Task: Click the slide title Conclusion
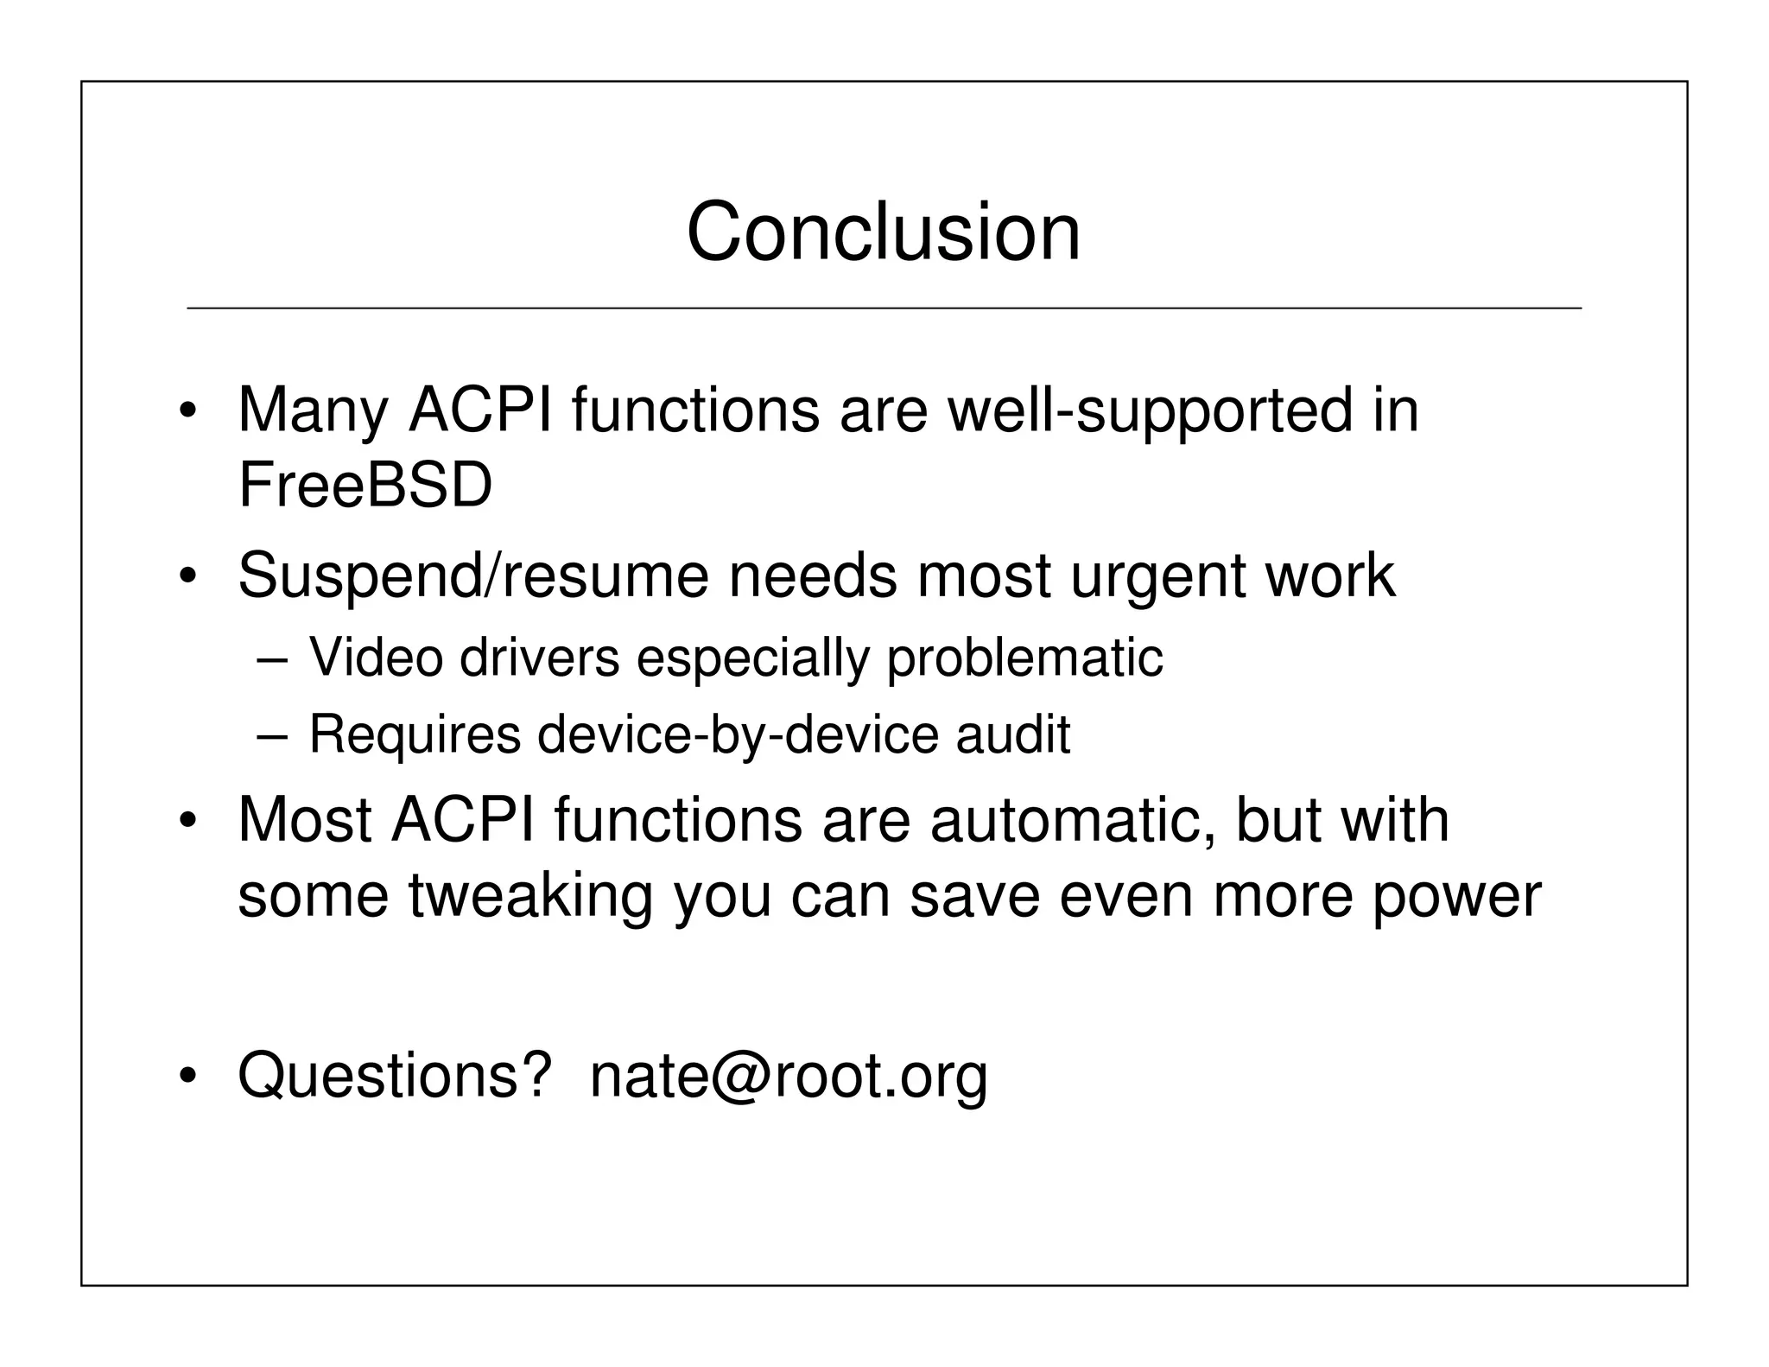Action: tap(883, 232)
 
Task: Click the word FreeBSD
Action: tap(365, 486)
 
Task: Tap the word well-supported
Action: tap(1150, 410)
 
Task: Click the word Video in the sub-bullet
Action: tap(376, 657)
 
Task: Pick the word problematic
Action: tap(1024, 658)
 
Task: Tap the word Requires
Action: tap(415, 735)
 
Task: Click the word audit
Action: tap(1012, 734)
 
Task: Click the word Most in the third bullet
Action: tap(304, 819)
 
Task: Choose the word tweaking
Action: tap(530, 897)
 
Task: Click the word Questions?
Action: tap(395, 1077)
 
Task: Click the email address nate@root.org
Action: tap(788, 1077)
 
